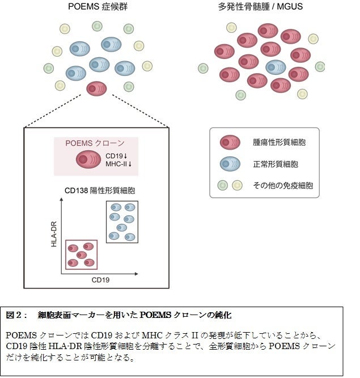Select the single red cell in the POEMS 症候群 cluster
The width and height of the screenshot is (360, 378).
96,88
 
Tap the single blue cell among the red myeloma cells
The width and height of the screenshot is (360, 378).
276,67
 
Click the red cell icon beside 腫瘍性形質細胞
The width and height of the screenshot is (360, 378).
228,142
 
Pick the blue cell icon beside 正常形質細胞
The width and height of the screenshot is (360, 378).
228,164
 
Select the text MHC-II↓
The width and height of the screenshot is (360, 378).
118,164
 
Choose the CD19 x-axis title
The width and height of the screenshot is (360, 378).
100,279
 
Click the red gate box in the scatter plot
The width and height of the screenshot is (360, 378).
82,254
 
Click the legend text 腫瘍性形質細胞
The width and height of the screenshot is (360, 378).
279,142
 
